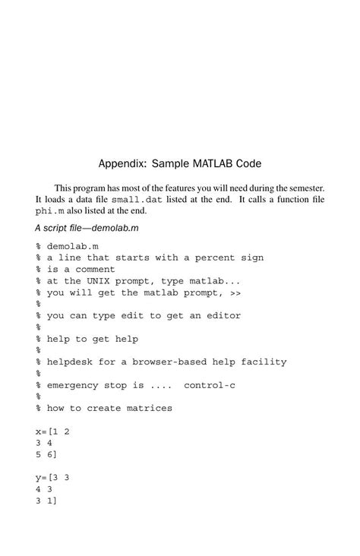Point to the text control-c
[210, 385]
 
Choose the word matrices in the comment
[150, 408]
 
